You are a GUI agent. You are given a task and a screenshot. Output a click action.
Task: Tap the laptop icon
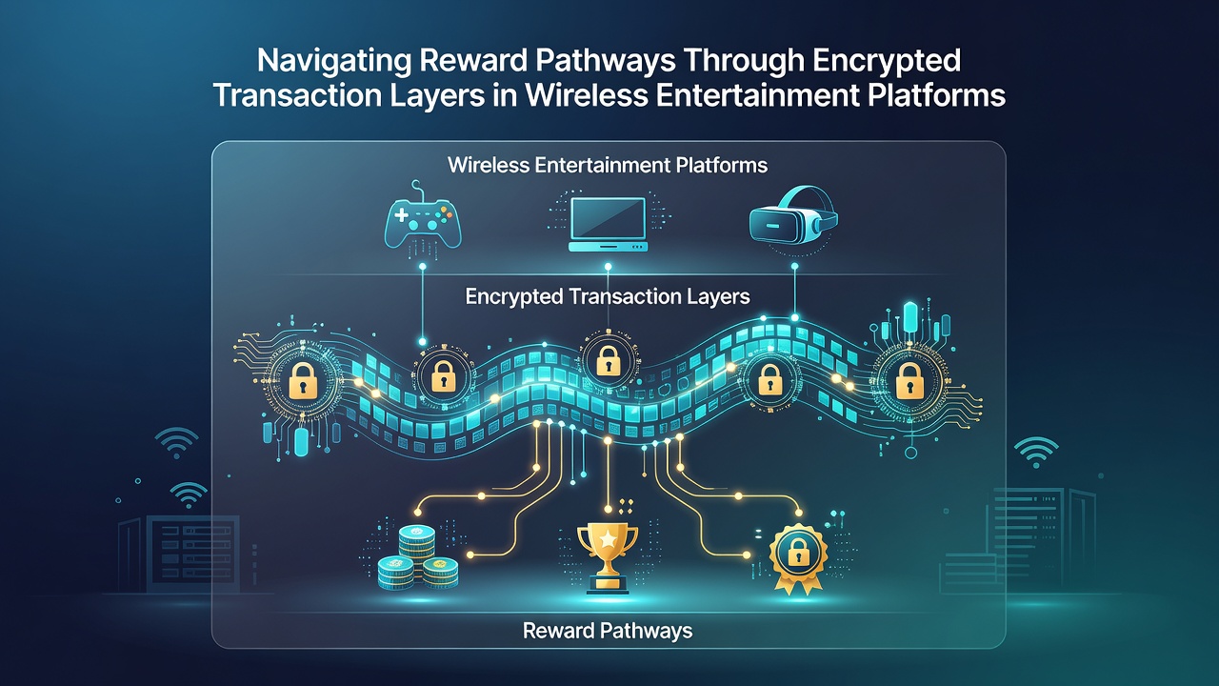608,224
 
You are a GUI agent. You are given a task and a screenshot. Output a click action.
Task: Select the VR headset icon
793,214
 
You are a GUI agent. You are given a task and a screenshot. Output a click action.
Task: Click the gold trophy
608,558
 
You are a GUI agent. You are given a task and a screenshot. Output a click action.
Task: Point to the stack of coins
418,557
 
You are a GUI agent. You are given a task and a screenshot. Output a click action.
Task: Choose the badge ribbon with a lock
798,558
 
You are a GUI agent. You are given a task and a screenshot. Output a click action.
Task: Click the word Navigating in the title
334,61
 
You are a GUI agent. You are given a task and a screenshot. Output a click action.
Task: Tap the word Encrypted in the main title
887,61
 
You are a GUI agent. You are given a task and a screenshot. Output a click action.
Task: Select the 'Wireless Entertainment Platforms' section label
608,165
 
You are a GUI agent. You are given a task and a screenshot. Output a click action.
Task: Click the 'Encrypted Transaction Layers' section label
608,296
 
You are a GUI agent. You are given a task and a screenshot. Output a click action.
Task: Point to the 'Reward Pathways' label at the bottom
608,631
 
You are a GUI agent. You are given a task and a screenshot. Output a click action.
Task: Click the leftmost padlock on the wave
303,379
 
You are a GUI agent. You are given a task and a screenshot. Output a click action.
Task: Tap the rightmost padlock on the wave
909,380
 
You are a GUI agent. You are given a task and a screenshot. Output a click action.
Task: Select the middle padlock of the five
608,361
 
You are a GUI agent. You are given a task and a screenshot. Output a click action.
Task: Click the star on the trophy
608,539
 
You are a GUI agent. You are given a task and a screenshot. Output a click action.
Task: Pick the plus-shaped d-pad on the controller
401,214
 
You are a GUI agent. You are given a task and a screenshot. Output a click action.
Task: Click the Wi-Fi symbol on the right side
1035,452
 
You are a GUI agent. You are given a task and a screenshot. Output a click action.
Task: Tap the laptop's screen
608,218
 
